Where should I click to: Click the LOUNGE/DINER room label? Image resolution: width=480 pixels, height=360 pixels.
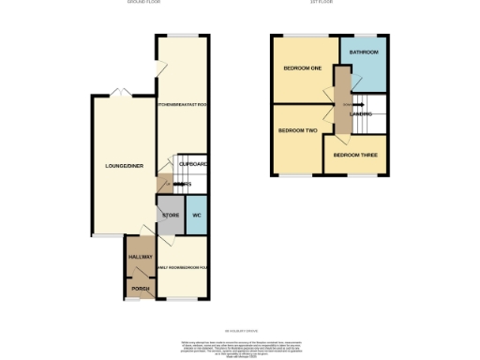pos(122,166)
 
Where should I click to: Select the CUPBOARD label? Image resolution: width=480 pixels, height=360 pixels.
pos(192,165)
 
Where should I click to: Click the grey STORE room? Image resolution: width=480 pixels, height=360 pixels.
pos(170,216)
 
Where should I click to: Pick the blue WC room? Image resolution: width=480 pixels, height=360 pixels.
pos(197,216)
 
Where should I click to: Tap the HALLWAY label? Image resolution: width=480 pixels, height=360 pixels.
pos(140,256)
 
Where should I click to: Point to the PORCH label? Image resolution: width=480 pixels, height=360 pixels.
pos(140,288)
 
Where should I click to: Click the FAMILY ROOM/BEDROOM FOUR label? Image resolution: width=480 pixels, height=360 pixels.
pos(182,267)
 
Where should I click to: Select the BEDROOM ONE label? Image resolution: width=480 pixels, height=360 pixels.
pos(303,68)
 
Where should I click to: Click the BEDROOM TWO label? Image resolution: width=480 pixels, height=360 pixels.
pos(296,130)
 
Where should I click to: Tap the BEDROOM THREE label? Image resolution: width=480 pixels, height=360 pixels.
pos(355,154)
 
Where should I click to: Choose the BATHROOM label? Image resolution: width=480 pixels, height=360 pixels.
pos(363,53)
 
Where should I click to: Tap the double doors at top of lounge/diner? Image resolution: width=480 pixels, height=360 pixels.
pos(119,94)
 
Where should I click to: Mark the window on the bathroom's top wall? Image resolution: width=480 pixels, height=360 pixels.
pos(364,36)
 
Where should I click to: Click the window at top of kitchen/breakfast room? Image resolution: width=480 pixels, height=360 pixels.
pos(182,36)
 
